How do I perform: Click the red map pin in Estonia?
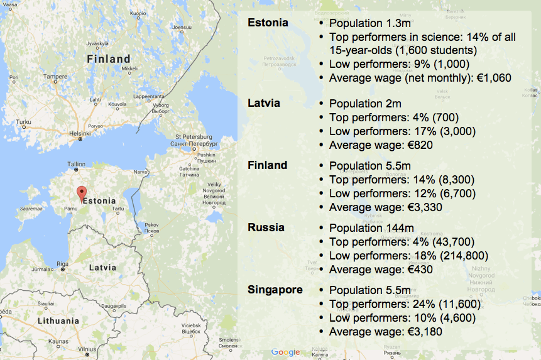pos(80,193)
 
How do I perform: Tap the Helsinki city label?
pos(80,133)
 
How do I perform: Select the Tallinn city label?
pos(76,164)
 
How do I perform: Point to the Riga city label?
pos(62,264)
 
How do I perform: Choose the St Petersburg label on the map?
pos(194,136)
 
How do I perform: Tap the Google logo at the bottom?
pos(286,352)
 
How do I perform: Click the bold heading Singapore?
pos(275,290)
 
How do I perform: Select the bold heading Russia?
pos(266,227)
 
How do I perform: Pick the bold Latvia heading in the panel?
pos(264,102)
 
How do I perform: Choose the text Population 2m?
pos(365,104)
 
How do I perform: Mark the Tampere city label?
pos(55,77)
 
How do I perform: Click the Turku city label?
pos(23,122)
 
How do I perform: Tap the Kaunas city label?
pos(58,341)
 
